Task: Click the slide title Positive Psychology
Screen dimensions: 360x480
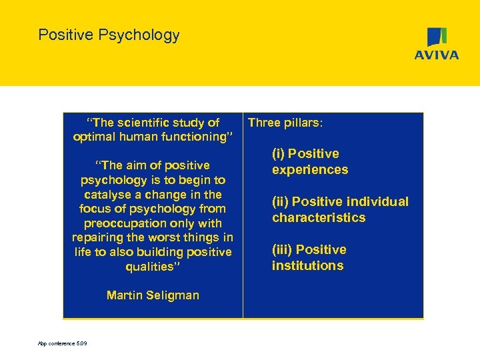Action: click(109, 35)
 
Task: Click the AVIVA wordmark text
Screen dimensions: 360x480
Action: click(437, 55)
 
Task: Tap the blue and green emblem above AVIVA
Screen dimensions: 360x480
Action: click(437, 37)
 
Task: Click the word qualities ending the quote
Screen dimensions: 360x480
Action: click(152, 267)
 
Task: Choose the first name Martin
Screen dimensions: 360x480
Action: click(123, 295)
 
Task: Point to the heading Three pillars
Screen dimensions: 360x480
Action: click(285, 123)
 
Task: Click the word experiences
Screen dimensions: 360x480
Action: click(309, 170)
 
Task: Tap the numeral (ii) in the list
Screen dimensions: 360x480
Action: click(280, 202)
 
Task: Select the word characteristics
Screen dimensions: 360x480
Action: click(319, 218)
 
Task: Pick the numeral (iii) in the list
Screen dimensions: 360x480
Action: click(282, 250)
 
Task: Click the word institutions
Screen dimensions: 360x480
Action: click(307, 266)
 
